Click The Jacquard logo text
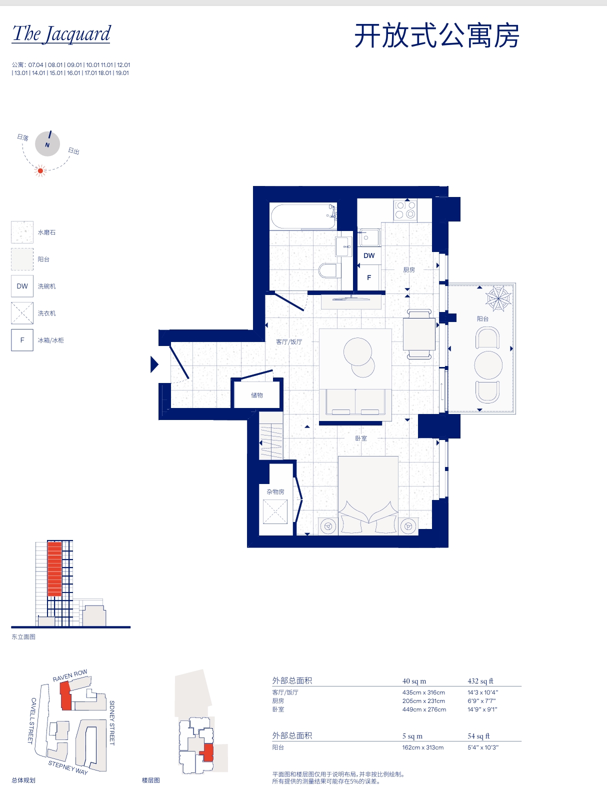pyautogui.click(x=61, y=33)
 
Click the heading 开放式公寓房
pyautogui.click(x=436, y=35)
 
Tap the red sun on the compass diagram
pyautogui.click(x=40, y=170)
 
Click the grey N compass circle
pyautogui.click(x=47, y=144)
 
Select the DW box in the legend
pyautogui.click(x=22, y=286)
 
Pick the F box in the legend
pyautogui.click(x=22, y=340)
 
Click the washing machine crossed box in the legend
pyautogui.click(x=22, y=313)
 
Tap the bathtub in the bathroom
pyautogui.click(x=303, y=217)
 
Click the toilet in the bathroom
pyautogui.click(x=329, y=270)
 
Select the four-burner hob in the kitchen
pyautogui.click(x=405, y=210)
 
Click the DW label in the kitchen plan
pyautogui.click(x=369, y=255)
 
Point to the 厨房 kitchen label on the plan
pyautogui.click(x=409, y=270)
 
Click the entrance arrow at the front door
pyautogui.click(x=154, y=364)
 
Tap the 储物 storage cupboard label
pyautogui.click(x=256, y=395)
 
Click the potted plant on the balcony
pyautogui.click(x=498, y=298)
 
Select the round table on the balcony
pyautogui.click(x=488, y=365)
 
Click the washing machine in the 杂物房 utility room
pyautogui.click(x=275, y=511)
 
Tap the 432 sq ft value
pyautogui.click(x=480, y=681)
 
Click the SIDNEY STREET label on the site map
pyautogui.click(x=112, y=722)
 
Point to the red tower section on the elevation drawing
pyautogui.click(x=55, y=569)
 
